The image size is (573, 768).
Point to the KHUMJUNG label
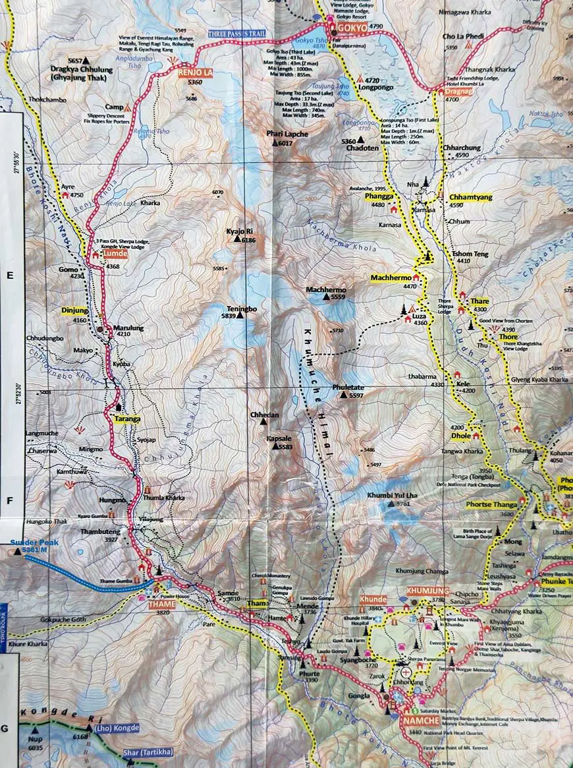click(428, 590)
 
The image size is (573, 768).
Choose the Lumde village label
click(115, 254)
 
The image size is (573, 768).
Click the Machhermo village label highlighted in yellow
click(391, 278)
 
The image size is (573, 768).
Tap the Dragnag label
click(458, 92)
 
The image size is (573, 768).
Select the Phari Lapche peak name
click(287, 134)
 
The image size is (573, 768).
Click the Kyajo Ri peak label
click(240, 232)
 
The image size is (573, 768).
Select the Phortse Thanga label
click(491, 505)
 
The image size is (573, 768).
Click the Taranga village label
click(127, 419)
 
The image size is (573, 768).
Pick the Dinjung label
click(74, 310)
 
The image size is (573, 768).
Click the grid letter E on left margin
click(10, 277)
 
